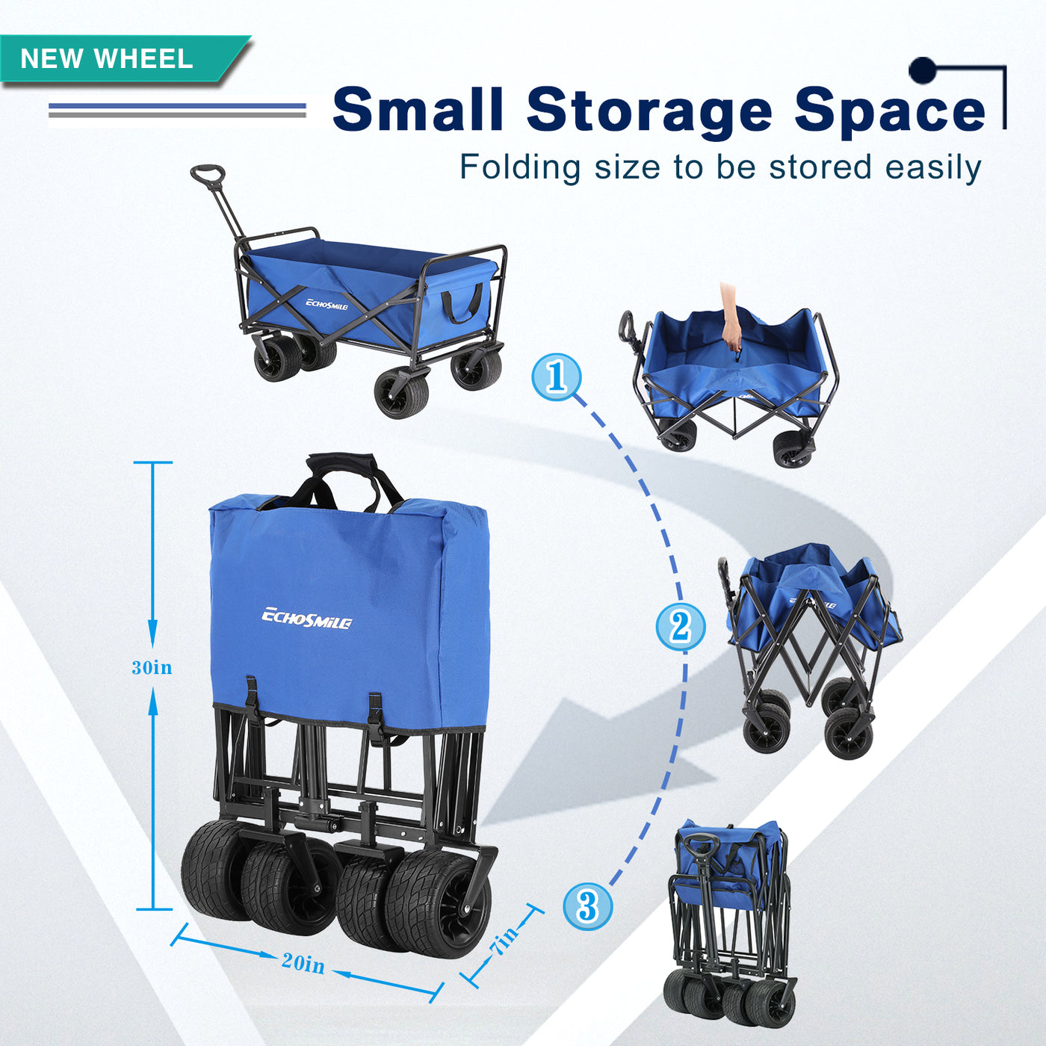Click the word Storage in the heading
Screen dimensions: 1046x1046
pyautogui.click(x=649, y=111)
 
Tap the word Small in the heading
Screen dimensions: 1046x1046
pyautogui.click(x=418, y=108)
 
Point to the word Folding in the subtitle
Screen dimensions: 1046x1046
pyautogui.click(x=520, y=167)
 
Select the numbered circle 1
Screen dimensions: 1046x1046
pyautogui.click(x=557, y=377)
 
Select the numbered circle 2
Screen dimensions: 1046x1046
pyautogui.click(x=681, y=627)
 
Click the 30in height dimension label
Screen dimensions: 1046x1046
pyautogui.click(x=152, y=667)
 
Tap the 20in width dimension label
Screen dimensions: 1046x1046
pyautogui.click(x=303, y=964)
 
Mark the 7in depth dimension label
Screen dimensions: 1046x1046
pyautogui.click(x=504, y=940)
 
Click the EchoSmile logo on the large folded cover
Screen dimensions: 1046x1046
pyautogui.click(x=306, y=619)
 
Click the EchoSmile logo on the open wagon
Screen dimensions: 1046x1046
pyautogui.click(x=327, y=304)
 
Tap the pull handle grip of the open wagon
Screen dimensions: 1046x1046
pyautogui.click(x=208, y=175)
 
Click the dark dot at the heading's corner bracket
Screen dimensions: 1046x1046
pyautogui.click(x=923, y=70)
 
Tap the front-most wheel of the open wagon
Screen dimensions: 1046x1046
pyautogui.click(x=402, y=392)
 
